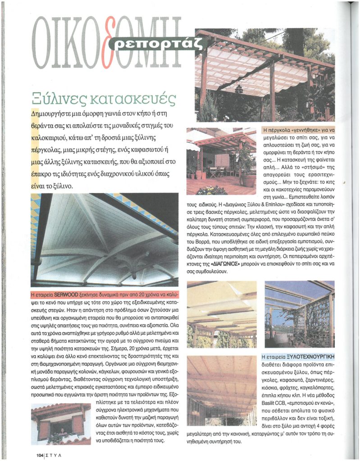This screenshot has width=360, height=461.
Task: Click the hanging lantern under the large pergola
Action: [239, 88]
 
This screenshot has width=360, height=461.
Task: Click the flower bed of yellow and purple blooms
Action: [212, 190]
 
